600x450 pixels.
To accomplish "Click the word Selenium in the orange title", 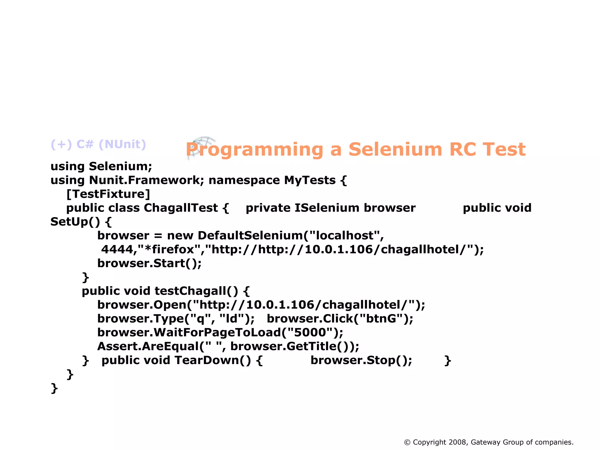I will [x=395, y=150].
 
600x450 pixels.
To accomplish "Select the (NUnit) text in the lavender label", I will [x=122, y=144].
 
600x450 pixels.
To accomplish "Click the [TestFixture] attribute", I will [x=108, y=194].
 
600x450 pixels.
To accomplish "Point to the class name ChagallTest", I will [x=181, y=208].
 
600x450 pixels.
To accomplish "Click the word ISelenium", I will [x=327, y=208].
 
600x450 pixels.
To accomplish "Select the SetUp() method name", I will [x=75, y=222].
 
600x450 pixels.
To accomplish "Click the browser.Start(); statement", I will [x=149, y=263].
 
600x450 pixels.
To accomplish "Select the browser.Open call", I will [x=142, y=305].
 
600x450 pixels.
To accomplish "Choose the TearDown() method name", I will [x=213, y=360].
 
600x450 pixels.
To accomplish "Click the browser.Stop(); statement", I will [x=361, y=360].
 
